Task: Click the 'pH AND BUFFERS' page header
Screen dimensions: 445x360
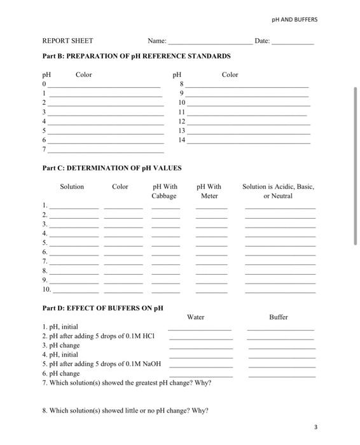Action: [294, 19]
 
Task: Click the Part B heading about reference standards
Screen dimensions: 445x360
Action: [136, 56]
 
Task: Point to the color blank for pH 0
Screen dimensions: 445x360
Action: [104, 86]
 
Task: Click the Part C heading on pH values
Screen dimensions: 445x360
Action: [112, 168]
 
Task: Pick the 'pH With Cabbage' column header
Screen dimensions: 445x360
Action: [165, 191]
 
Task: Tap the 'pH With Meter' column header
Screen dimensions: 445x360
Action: [209, 191]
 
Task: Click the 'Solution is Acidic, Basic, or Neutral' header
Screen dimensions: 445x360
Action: [278, 191]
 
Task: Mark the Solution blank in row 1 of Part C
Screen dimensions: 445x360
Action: [74, 208]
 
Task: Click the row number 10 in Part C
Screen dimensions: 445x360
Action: [46, 289]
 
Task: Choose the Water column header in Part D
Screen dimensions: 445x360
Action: [196, 317]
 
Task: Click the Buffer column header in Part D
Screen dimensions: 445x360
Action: [279, 317]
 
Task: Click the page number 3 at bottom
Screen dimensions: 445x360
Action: [315, 426]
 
